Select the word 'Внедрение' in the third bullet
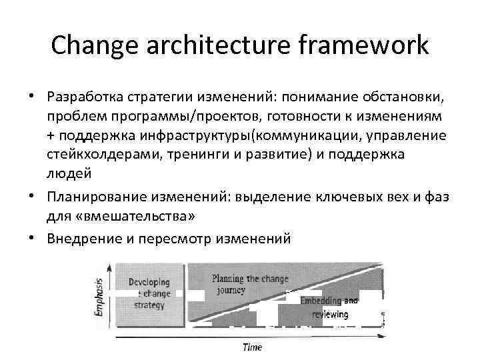tap(83, 238)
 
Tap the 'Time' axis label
tap(252, 347)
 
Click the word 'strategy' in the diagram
tap(149, 305)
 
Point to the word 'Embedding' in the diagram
tap(321, 301)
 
